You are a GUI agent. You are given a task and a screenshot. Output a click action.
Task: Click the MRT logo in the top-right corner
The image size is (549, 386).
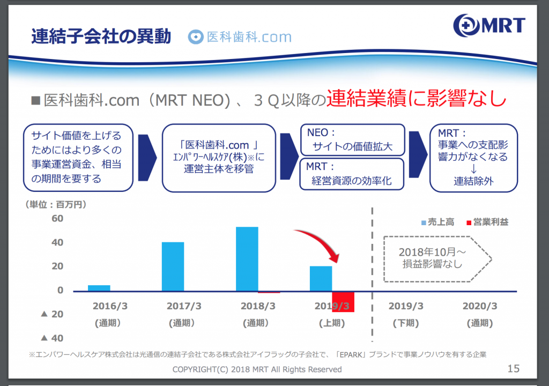coord(489,25)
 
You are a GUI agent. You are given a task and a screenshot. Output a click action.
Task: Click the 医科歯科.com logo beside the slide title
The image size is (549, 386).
coord(240,37)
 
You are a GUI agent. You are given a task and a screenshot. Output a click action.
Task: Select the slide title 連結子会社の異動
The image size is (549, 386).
coord(101,36)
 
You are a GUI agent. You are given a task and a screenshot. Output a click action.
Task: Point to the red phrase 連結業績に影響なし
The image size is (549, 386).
coord(416,98)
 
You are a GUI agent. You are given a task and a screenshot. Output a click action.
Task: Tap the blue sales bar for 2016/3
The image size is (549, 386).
coord(99,288)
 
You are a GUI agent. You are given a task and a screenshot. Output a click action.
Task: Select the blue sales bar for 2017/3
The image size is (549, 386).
coord(173,266)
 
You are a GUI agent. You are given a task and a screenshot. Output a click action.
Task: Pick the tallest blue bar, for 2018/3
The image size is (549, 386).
coord(247,259)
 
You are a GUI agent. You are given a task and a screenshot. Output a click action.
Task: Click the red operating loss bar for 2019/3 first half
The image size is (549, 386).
coord(343,302)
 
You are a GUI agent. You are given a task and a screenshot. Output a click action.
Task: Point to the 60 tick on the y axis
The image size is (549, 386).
coord(57,219)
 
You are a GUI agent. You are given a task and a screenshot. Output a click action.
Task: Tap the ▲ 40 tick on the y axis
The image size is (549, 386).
coord(52,338)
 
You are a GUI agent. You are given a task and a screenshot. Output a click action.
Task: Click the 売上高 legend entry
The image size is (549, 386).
coord(437,222)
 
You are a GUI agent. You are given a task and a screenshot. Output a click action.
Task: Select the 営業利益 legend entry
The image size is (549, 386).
coord(487,222)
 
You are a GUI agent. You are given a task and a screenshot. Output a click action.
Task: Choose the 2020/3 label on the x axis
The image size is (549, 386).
coord(480,306)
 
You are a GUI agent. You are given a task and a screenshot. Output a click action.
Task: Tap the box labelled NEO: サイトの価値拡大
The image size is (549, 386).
coord(353,140)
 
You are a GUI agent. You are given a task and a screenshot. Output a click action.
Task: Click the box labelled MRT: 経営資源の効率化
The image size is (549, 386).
coord(352,174)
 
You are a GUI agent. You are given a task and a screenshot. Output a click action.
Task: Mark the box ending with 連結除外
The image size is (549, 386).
coord(473,158)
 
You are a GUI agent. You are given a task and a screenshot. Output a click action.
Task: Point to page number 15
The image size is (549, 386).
coord(513,368)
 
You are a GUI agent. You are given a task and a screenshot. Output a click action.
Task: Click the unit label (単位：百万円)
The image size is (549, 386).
coord(56,205)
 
